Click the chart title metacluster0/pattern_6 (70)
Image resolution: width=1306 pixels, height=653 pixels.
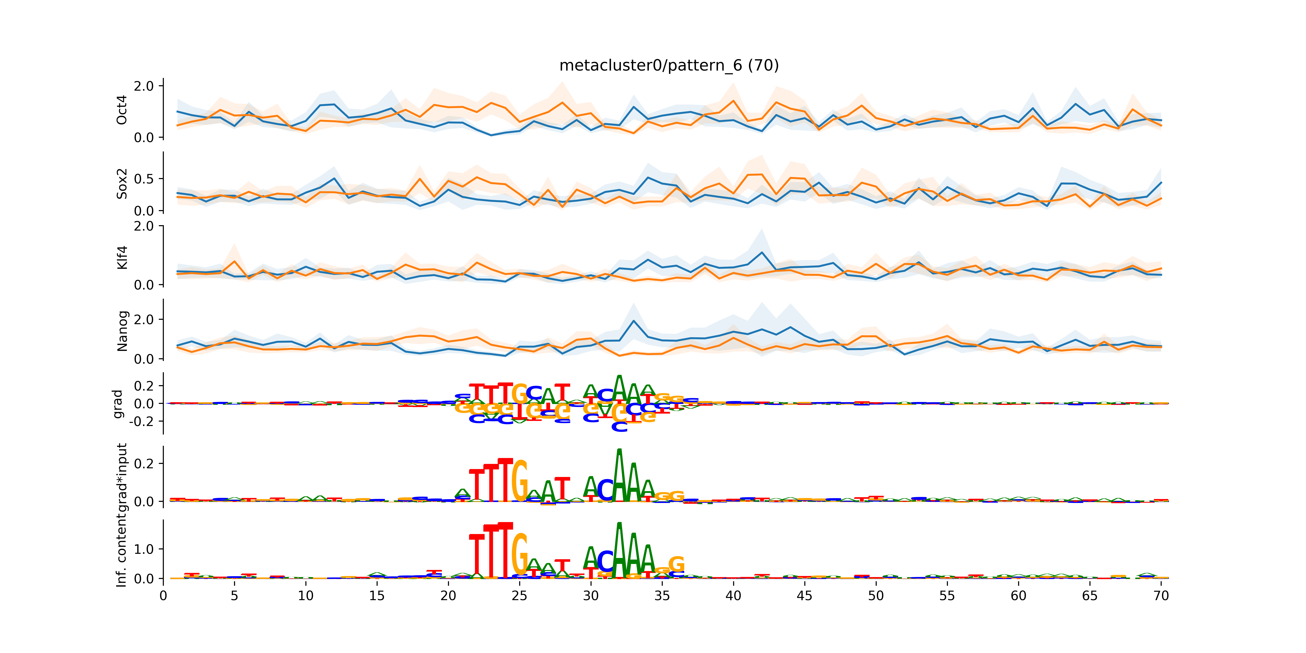(x=669, y=65)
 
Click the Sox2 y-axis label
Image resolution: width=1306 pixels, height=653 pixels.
(x=122, y=183)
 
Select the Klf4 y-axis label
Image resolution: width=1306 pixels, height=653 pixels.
(x=122, y=258)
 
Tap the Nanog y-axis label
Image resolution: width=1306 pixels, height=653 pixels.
(x=122, y=331)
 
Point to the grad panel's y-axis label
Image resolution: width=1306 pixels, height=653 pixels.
(x=118, y=404)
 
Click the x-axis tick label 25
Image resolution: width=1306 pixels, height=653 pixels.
(x=519, y=596)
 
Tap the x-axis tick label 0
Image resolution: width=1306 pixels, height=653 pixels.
(x=163, y=596)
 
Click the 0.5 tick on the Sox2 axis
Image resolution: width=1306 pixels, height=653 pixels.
(x=144, y=179)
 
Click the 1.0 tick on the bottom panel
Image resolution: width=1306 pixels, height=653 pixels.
(x=144, y=549)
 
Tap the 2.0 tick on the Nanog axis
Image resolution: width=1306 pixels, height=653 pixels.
(x=144, y=319)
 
